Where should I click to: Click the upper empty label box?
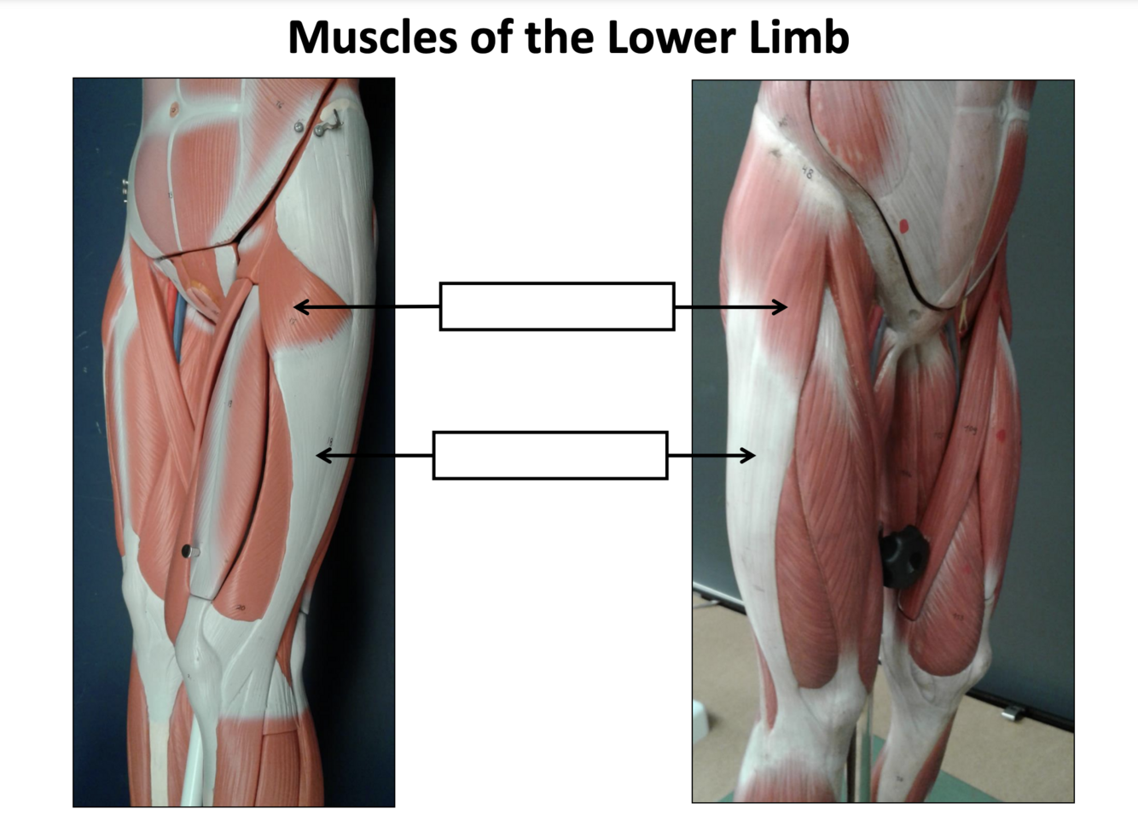click(557, 306)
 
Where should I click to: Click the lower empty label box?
click(550, 456)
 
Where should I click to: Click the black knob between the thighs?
click(903, 556)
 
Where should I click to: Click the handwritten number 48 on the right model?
click(806, 173)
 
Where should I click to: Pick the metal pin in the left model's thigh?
click(189, 552)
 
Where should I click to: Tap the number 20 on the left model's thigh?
click(240, 608)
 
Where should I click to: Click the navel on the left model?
click(174, 109)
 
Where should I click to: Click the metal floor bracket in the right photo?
click(1012, 712)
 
